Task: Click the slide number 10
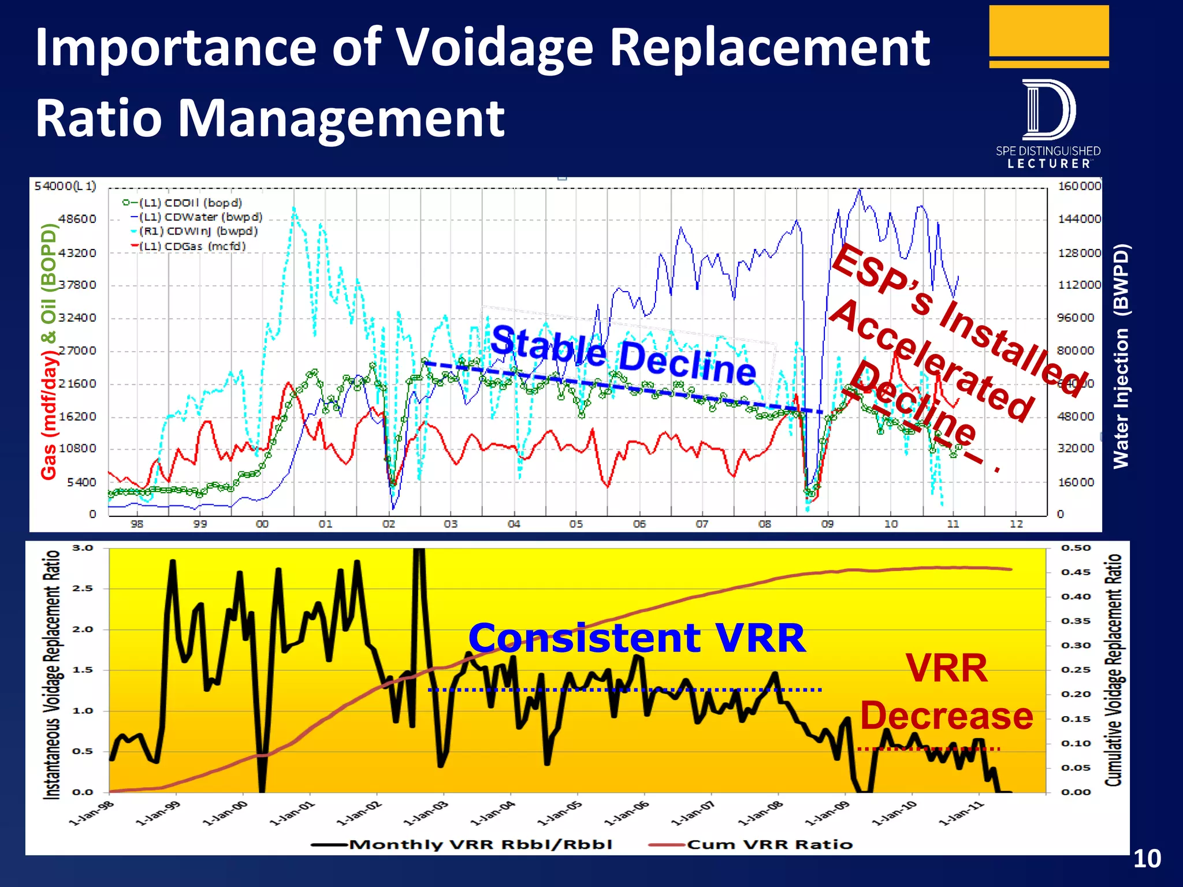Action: point(1147,859)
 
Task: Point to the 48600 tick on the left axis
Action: point(77,219)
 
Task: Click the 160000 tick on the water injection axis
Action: point(1079,186)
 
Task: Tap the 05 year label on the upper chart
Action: point(576,524)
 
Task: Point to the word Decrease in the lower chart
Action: point(946,716)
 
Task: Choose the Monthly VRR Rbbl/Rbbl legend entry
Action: point(480,844)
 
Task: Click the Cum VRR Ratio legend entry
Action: point(769,844)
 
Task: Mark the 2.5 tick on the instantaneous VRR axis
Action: point(82,588)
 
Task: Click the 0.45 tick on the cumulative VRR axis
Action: point(1076,572)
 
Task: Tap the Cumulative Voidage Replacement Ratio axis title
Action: point(1113,670)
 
